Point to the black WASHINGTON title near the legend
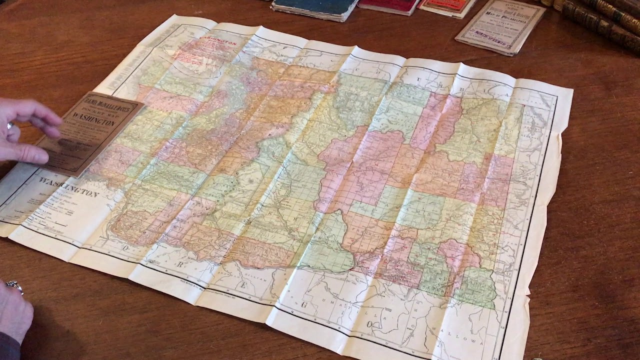point(69,187)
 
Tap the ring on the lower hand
point(15,287)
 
